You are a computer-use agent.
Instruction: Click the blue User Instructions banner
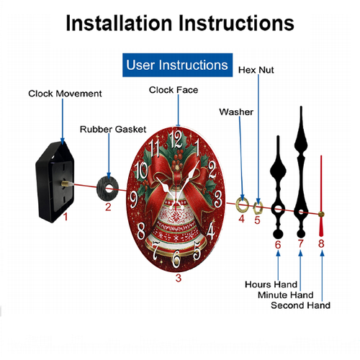[x=177, y=65]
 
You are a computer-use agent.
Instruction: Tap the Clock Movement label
[x=65, y=94]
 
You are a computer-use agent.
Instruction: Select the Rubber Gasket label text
[x=113, y=129]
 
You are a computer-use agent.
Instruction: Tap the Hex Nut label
[x=256, y=70]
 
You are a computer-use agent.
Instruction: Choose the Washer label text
[x=236, y=112]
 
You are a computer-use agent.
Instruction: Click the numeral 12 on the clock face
[x=176, y=140]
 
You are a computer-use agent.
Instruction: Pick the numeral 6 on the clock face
[x=176, y=259]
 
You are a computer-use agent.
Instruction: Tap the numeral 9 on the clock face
[x=134, y=199]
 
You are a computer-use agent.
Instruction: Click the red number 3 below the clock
[x=179, y=278]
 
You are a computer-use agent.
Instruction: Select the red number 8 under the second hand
[x=321, y=243]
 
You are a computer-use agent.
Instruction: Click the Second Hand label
[x=300, y=305]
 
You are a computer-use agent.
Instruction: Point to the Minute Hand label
[x=286, y=294]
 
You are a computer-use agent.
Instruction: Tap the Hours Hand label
[x=271, y=284]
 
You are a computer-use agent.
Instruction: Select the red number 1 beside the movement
[x=66, y=217]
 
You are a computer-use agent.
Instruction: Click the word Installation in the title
[x=119, y=23]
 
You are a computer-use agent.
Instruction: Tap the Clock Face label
[x=174, y=90]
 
